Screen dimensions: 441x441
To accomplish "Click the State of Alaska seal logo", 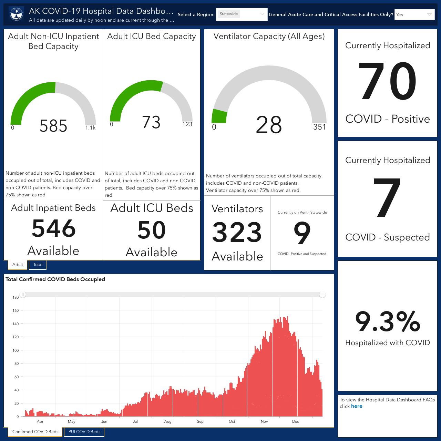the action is pyautogui.click(x=17, y=14).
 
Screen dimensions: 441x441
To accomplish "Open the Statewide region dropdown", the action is pyautogui.click(x=242, y=14).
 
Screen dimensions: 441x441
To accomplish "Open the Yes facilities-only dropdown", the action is pyautogui.click(x=414, y=15).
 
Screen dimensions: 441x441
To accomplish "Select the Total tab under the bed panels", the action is pyautogui.click(x=38, y=265).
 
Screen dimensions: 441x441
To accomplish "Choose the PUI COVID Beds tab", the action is pyautogui.click(x=84, y=432).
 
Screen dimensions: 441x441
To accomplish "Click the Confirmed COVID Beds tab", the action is pyautogui.click(x=35, y=432).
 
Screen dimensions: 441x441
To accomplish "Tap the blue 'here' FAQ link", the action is pyautogui.click(x=357, y=406).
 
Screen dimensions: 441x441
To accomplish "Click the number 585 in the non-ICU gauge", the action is pyautogui.click(x=53, y=126).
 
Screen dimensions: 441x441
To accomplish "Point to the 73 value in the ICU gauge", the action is pyautogui.click(x=151, y=122).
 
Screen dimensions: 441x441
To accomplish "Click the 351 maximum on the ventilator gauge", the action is pyautogui.click(x=319, y=127).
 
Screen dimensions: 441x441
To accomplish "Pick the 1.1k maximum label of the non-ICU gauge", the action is pyautogui.click(x=90, y=128).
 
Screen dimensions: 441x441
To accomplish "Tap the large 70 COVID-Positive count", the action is pyautogui.click(x=388, y=81).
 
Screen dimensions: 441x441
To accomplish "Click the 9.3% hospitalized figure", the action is pyautogui.click(x=388, y=321).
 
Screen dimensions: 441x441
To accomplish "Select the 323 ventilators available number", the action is pyautogui.click(x=237, y=232).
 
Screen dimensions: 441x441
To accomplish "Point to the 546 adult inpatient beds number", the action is pyautogui.click(x=53, y=228).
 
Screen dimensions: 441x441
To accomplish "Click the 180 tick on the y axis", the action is pyautogui.click(x=16, y=297).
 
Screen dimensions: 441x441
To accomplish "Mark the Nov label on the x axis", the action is pyautogui.click(x=264, y=421).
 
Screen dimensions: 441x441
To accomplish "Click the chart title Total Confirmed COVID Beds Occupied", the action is pyautogui.click(x=55, y=279).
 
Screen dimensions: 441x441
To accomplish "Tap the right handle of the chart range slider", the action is pyautogui.click(x=322, y=295).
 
